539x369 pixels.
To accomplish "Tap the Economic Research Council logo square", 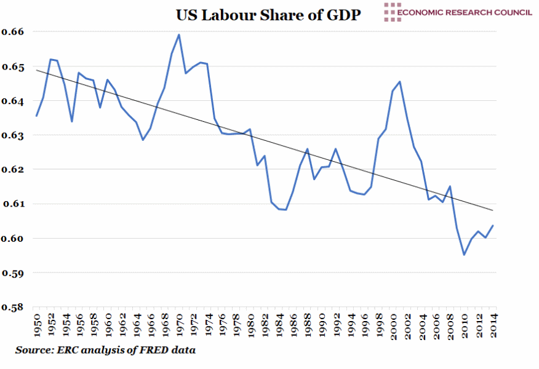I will pyautogui.click(x=389, y=12).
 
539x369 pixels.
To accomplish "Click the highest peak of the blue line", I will pyautogui.click(x=178, y=34).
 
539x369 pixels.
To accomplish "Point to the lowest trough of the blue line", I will pyautogui.click(x=464, y=255).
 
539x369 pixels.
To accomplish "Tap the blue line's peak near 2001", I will pyautogui.click(x=400, y=81).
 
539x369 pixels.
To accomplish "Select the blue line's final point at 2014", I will pyautogui.click(x=493, y=225).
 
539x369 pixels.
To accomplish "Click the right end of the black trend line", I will pyautogui.click(x=493, y=210).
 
